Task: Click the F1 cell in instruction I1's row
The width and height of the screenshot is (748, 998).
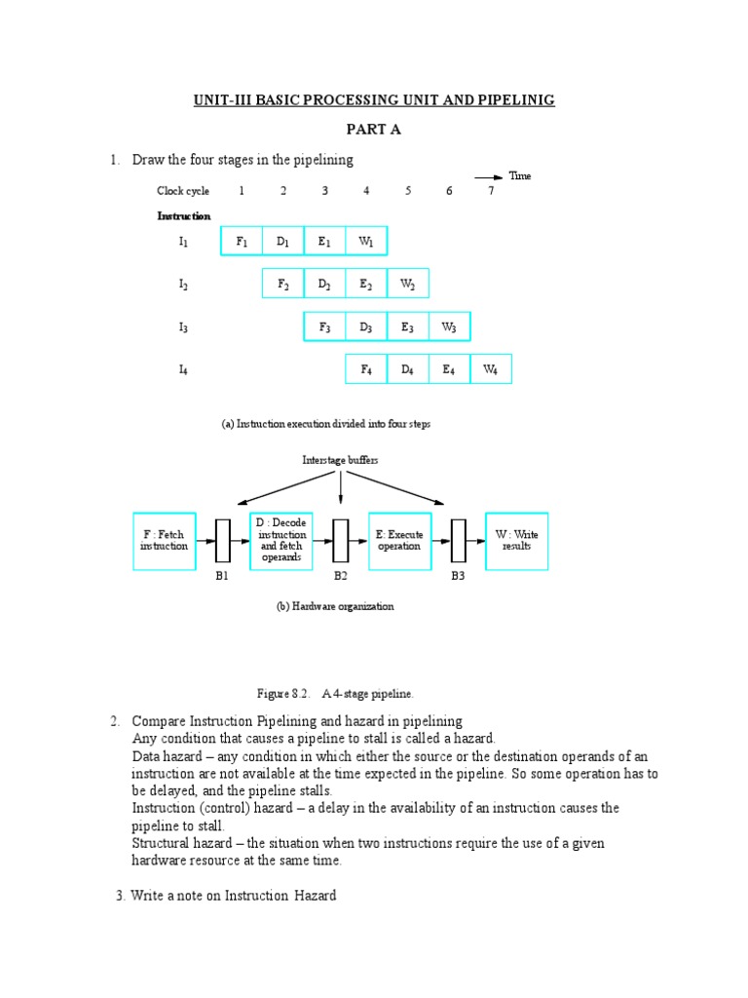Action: click(x=242, y=242)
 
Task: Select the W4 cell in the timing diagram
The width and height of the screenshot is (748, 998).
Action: click(x=491, y=369)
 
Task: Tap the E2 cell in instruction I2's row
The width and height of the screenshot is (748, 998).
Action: click(x=366, y=285)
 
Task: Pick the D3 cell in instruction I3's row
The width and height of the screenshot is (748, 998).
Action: click(x=366, y=327)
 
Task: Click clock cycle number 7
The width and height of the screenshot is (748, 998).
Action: click(x=491, y=191)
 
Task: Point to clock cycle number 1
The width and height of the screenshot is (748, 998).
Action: click(x=242, y=191)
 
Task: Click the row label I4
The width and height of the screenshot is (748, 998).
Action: click(x=183, y=369)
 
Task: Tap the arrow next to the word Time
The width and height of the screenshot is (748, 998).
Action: click(x=489, y=176)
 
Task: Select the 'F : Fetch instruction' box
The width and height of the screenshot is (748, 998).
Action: click(x=164, y=541)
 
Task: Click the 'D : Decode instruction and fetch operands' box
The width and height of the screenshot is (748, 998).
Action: click(x=281, y=541)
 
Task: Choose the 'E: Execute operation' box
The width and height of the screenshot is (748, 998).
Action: click(x=399, y=541)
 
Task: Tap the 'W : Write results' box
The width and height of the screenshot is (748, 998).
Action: click(x=517, y=541)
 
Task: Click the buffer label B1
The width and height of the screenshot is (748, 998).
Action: click(x=222, y=577)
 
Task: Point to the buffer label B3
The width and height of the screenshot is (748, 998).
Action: click(x=458, y=577)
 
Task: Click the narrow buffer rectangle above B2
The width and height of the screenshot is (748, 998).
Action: click(x=341, y=541)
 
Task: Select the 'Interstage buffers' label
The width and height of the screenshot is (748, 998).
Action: click(x=340, y=459)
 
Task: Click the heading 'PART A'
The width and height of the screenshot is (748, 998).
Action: click(x=374, y=129)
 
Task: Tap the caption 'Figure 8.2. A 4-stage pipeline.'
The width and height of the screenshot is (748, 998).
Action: click(x=335, y=693)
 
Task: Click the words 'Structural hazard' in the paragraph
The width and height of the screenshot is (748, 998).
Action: click(x=178, y=843)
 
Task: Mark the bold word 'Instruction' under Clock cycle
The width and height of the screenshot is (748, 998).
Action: click(x=184, y=215)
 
